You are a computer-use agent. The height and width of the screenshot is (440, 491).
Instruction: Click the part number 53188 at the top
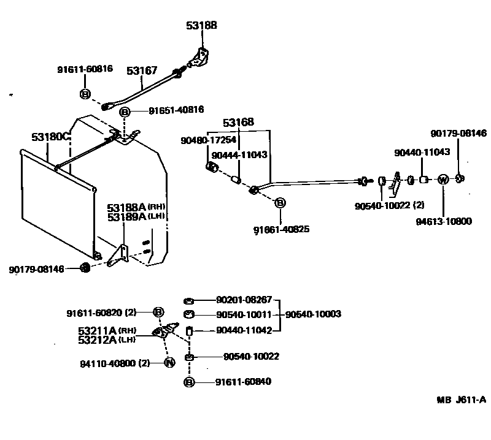point(201,26)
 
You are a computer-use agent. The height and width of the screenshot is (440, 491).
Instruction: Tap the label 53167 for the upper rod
point(142,71)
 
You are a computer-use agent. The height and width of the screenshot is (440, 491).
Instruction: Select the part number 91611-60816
point(85,69)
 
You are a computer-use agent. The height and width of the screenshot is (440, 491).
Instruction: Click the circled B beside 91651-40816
point(125,112)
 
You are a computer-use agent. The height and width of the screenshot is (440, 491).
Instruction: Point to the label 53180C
point(52,137)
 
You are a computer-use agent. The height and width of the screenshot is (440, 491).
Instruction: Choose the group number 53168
point(238,122)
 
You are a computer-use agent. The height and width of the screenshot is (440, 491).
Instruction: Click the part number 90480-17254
point(208,140)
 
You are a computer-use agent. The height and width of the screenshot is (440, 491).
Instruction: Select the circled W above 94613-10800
point(443,180)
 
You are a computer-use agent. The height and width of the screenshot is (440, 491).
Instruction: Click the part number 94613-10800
point(443,221)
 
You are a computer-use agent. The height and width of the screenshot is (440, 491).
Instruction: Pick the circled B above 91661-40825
point(280,203)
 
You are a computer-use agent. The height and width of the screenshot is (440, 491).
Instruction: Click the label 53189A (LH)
point(136,216)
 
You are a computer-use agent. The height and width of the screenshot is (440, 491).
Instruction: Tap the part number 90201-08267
point(244,300)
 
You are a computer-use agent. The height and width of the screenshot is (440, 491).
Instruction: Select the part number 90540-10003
point(313,314)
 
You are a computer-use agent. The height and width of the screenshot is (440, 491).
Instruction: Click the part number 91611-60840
point(243,382)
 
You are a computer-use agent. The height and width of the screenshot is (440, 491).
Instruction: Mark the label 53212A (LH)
point(107,339)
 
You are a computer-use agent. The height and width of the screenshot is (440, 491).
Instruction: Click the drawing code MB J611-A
point(462,400)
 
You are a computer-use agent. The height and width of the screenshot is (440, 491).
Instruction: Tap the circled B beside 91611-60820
point(158,312)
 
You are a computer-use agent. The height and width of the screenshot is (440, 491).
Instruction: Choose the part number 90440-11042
point(244,330)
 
